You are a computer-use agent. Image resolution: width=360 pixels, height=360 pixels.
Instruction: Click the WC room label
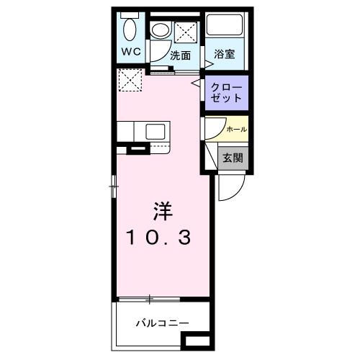(130, 52)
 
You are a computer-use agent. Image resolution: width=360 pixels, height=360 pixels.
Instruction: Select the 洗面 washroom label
(180, 55)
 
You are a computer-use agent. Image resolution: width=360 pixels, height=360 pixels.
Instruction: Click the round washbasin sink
(160, 30)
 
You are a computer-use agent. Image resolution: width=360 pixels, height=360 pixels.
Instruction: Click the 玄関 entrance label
(232, 158)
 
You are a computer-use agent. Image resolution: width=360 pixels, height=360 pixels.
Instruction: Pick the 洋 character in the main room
(161, 212)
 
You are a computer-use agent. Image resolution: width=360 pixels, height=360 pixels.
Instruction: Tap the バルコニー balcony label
(161, 323)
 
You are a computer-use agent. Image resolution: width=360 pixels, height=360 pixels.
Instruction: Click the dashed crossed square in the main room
(130, 81)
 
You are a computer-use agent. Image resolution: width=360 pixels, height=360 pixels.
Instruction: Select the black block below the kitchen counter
(137, 150)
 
